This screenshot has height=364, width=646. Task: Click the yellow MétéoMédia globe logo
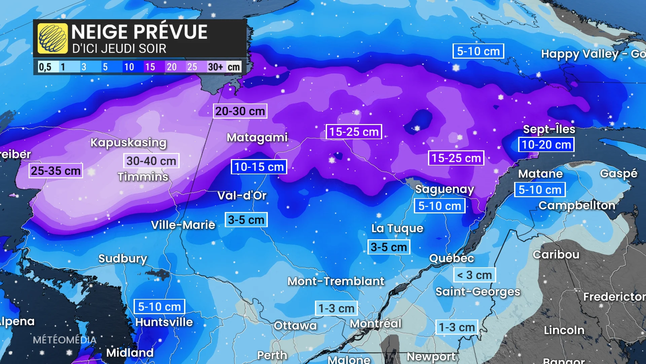point(52,38)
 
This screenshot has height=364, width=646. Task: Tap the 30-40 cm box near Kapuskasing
point(151,161)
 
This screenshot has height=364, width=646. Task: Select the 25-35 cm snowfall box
point(56,171)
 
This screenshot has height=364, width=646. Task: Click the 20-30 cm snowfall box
point(240,111)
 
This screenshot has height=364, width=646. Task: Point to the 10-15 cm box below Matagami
point(259,166)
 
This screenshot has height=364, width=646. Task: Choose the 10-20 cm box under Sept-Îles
point(546,145)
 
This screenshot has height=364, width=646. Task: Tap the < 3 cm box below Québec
point(474,275)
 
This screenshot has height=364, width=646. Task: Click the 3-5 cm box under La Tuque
point(389,247)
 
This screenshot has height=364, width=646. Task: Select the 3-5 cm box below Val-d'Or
point(246,220)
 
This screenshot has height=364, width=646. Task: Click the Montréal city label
point(375,324)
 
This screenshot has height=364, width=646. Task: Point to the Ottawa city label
point(295,326)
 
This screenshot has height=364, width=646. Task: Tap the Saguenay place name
point(444,189)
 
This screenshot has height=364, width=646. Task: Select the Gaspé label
point(618,174)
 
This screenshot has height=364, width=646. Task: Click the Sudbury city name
point(123,259)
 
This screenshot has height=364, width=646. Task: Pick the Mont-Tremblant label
point(335,281)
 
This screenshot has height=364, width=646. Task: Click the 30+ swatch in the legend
point(216,67)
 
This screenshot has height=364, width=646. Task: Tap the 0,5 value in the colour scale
point(45,67)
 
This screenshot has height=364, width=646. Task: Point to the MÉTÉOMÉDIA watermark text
point(65,340)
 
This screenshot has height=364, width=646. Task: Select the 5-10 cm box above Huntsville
point(159,307)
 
